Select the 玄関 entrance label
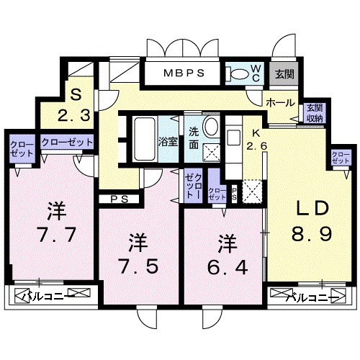(x=284, y=73)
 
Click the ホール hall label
(x=279, y=102)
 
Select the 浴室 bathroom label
(x=168, y=140)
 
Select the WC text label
(x=256, y=73)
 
